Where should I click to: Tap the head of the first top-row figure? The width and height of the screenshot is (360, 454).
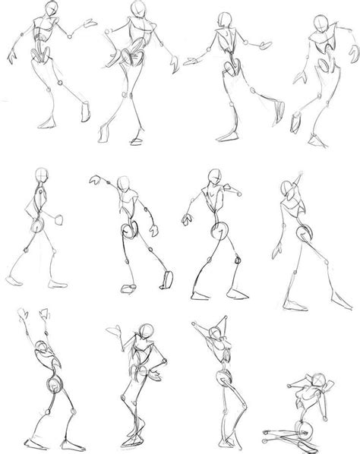pyautogui.click(x=51, y=9)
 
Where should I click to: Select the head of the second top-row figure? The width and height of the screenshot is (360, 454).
pyautogui.click(x=137, y=9)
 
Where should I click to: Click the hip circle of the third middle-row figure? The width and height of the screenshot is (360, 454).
pyautogui.click(x=223, y=229)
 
